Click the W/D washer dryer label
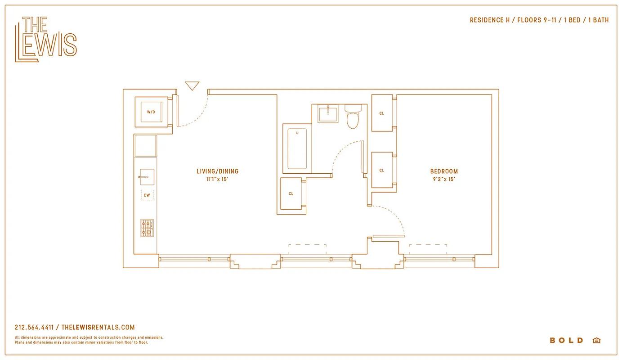(151, 112)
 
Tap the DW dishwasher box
(147, 195)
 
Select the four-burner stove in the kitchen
(147, 228)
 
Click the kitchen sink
(147, 177)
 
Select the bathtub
(297, 149)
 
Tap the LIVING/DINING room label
(218, 171)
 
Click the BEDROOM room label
(444, 171)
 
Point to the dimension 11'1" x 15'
(218, 179)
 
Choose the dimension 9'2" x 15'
(444, 179)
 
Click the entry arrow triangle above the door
(192, 85)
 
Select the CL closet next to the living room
(291, 193)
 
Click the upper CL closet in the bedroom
(382, 113)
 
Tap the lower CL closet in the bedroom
(382, 170)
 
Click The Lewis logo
(46, 39)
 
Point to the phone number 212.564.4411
(34, 328)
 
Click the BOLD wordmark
(566, 340)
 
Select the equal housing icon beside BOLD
(596, 340)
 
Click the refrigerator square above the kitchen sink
(145, 146)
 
